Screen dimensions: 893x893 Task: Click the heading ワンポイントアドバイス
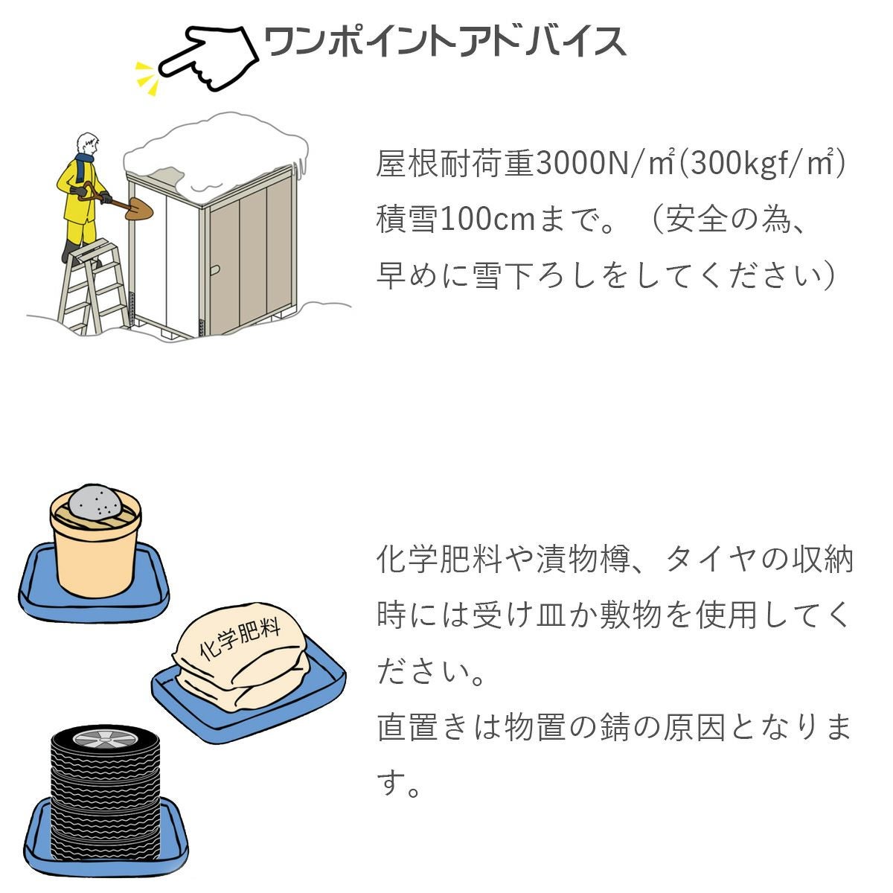[x=445, y=41]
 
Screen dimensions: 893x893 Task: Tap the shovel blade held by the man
[x=139, y=209]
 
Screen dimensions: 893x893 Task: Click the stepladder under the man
[x=93, y=288]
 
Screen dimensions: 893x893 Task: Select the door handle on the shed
[x=214, y=269]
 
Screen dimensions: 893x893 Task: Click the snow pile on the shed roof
[x=217, y=154]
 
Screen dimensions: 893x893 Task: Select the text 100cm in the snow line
[x=487, y=220]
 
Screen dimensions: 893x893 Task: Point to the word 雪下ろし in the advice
[x=521, y=276]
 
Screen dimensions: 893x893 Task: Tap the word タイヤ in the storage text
[x=714, y=560]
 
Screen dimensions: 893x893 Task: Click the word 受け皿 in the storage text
[x=519, y=615]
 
